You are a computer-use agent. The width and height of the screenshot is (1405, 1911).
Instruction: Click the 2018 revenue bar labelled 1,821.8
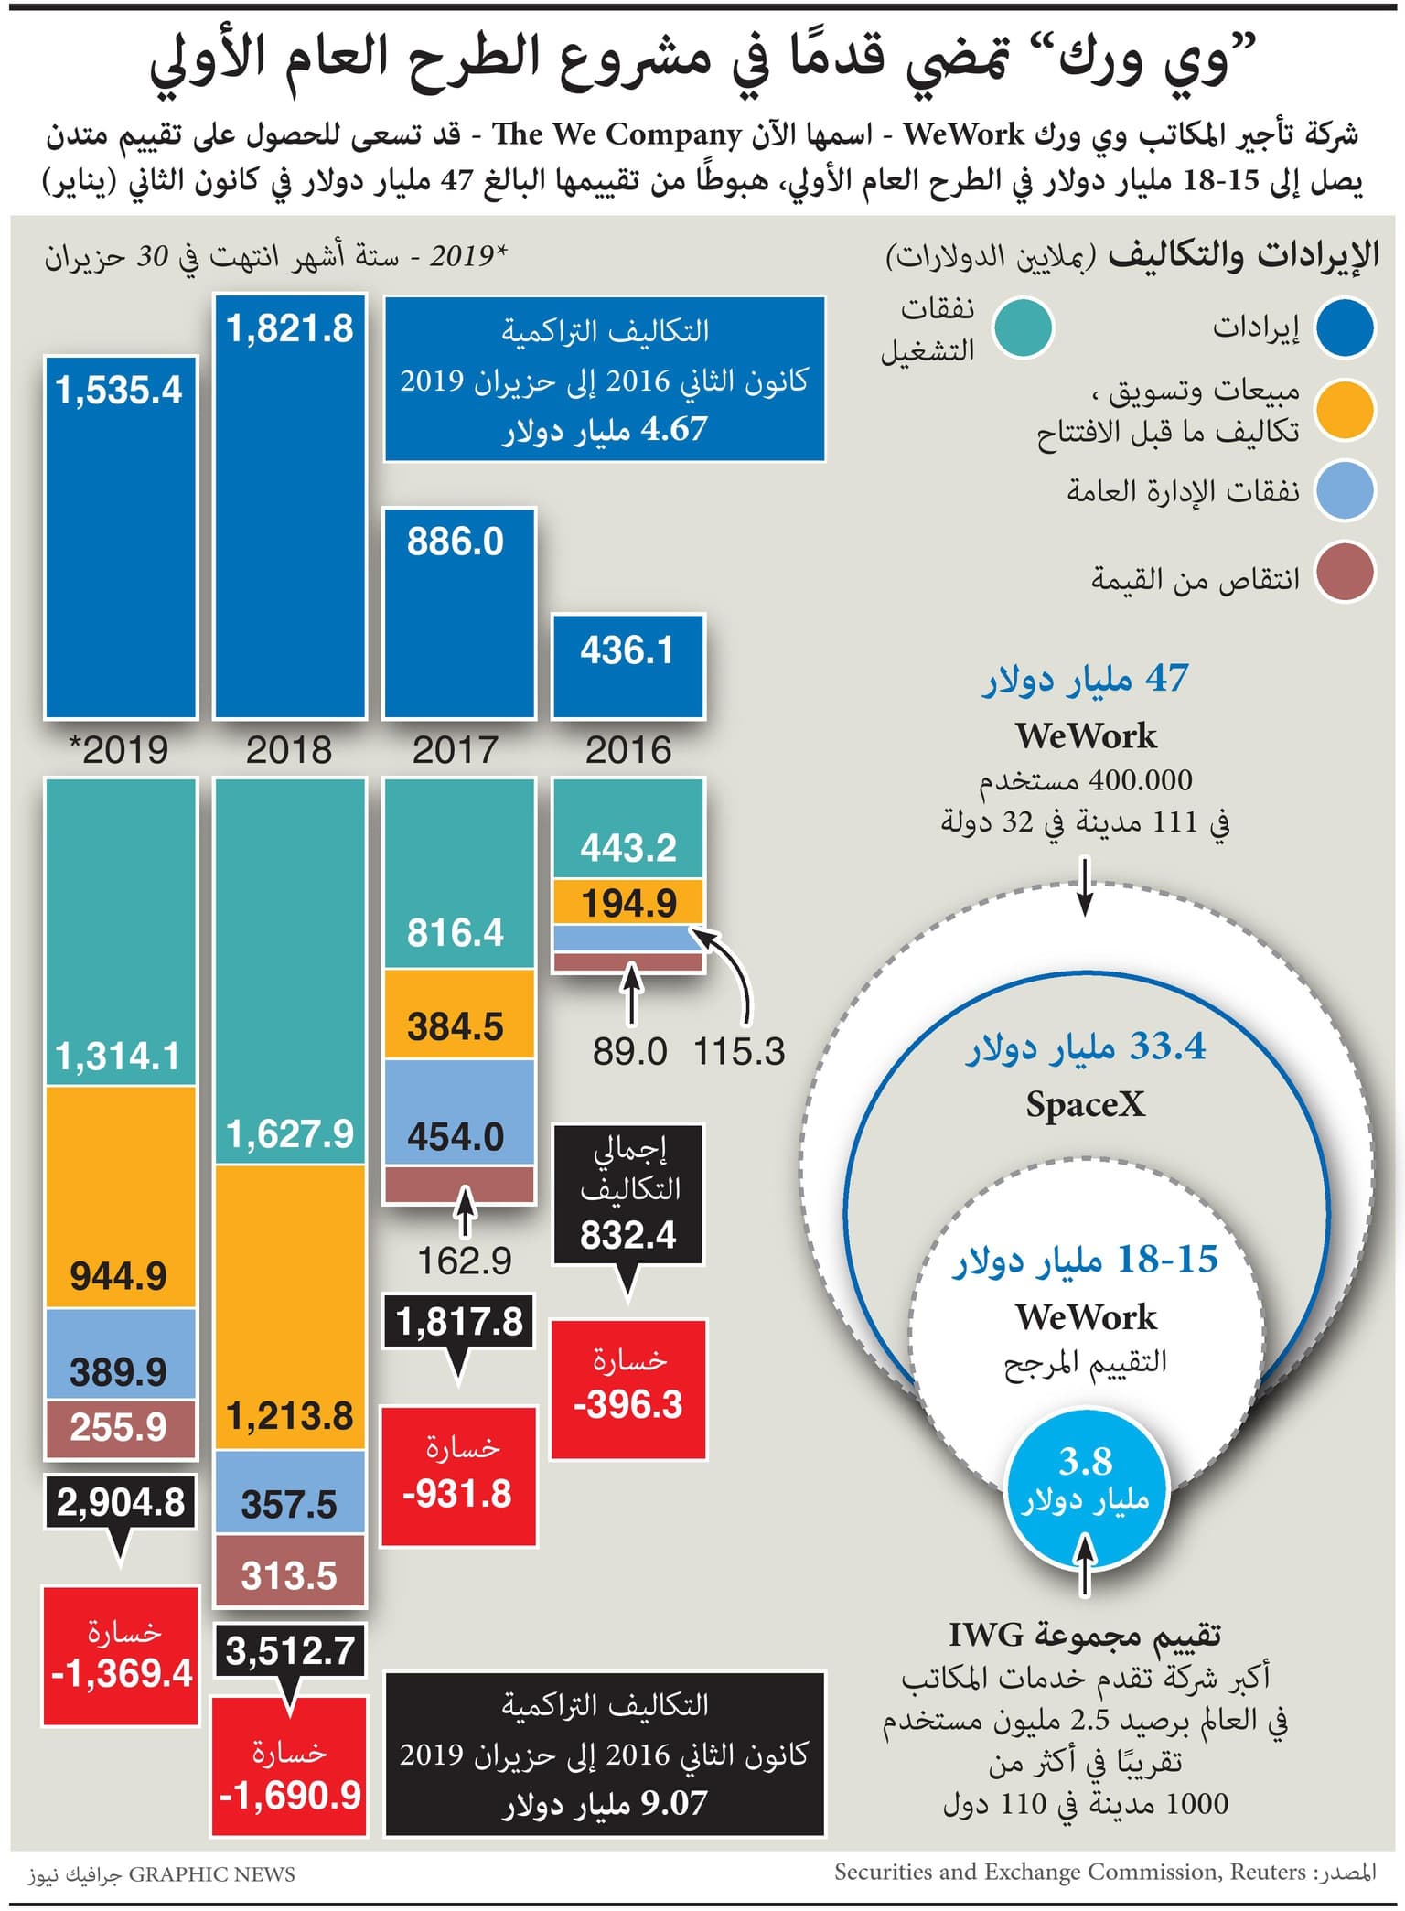[x=290, y=506]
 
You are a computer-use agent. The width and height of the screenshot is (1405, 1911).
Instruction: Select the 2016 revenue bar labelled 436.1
[x=627, y=666]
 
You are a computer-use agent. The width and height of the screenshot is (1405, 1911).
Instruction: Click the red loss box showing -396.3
[x=628, y=1389]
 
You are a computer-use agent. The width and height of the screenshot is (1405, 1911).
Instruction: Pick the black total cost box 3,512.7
[x=290, y=1650]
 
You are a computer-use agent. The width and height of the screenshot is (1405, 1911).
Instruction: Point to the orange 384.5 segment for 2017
[x=458, y=1015]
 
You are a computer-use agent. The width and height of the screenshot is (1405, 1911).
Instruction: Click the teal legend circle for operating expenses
[x=1024, y=327]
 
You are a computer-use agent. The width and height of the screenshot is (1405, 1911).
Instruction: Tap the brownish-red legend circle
[x=1344, y=573]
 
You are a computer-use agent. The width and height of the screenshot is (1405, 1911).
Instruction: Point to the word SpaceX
[x=1085, y=1104]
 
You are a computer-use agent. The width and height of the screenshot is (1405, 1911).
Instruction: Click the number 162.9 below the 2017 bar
[x=464, y=1261]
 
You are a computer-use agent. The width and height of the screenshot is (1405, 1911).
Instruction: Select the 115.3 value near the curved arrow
[x=739, y=1052]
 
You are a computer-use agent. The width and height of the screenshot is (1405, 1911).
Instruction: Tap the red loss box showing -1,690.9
[x=290, y=1766]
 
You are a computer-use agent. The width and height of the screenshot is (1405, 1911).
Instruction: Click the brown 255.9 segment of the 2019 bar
[x=121, y=1428]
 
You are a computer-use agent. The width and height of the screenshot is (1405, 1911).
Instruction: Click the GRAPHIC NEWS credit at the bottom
[x=211, y=1873]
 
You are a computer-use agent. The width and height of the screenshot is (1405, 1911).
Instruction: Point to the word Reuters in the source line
[x=1267, y=1872]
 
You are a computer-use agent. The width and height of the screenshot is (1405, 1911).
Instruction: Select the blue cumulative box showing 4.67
[x=605, y=379]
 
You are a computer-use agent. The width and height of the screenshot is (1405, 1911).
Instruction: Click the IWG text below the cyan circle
[x=984, y=1634]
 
